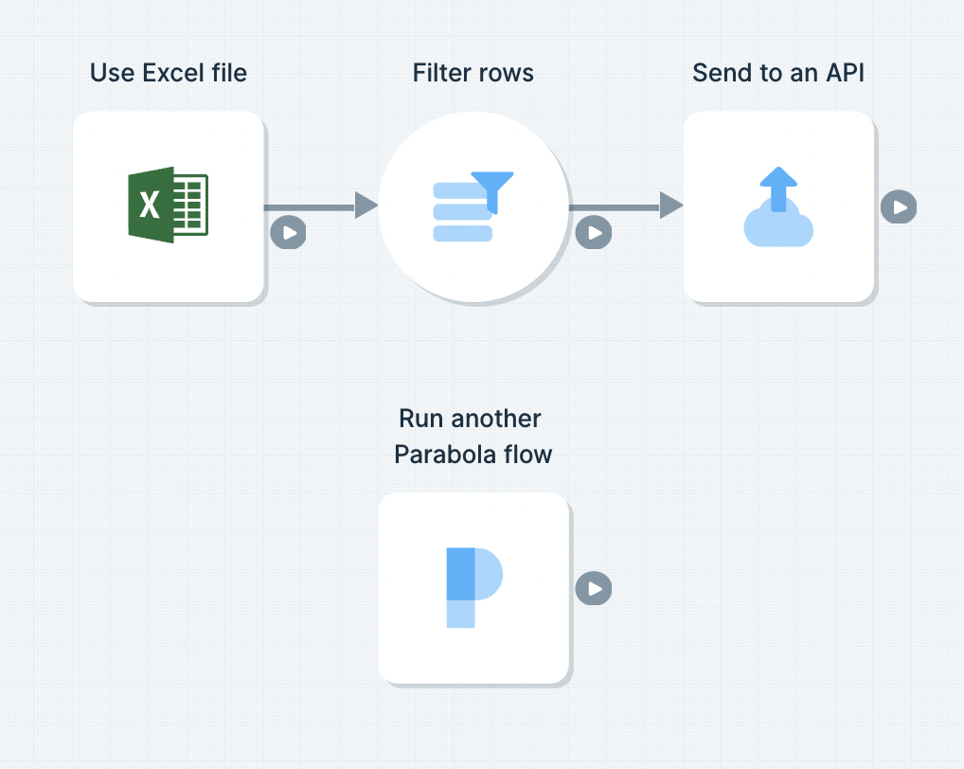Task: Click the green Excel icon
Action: [x=168, y=205]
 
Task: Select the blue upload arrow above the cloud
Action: [x=778, y=188]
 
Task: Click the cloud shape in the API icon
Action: [x=778, y=225]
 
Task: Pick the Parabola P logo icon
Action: [x=474, y=588]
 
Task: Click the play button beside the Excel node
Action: [x=288, y=232]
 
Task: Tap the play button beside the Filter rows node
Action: [x=594, y=232]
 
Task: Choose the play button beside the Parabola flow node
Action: [x=594, y=588]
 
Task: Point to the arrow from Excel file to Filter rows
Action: [x=321, y=206]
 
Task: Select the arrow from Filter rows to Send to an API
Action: [x=626, y=206]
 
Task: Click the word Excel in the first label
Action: [x=173, y=73]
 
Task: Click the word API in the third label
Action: [x=846, y=73]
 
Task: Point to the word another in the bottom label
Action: [x=495, y=419]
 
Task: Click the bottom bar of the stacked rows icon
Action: [x=463, y=234]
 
